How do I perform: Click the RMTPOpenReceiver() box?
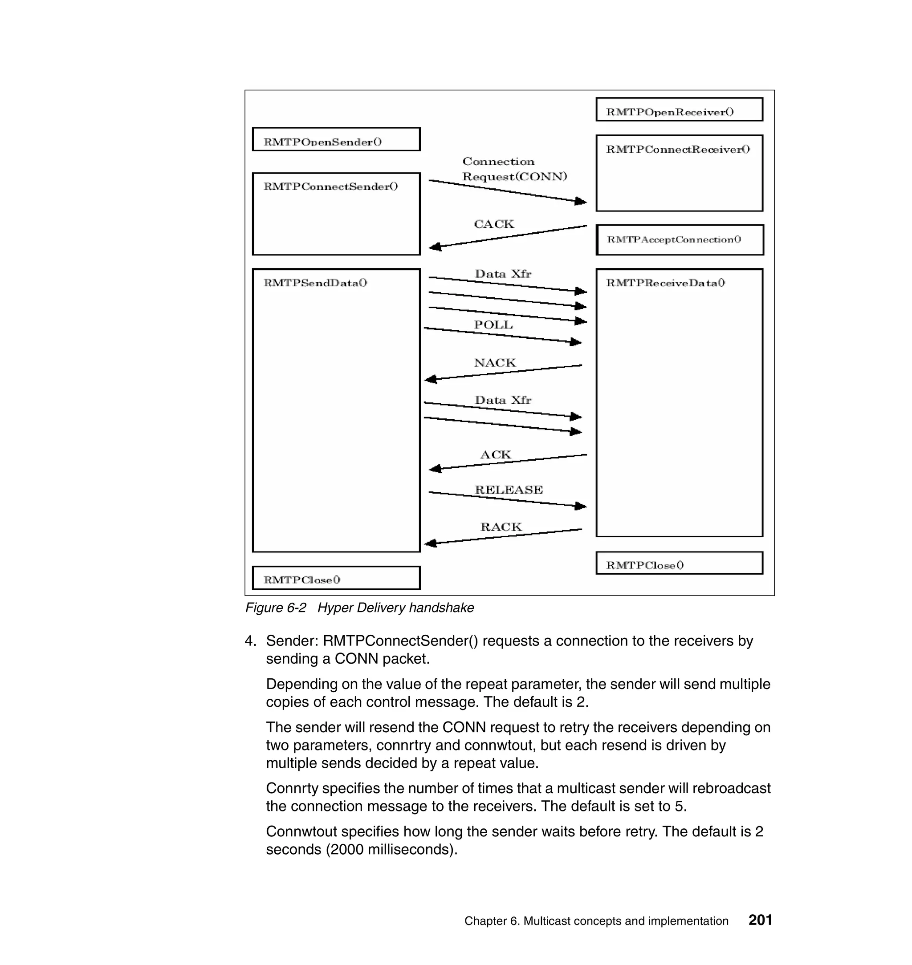tap(679, 109)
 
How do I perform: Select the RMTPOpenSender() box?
tap(336, 139)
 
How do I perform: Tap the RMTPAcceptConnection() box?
tap(680, 239)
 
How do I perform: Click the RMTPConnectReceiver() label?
tap(678, 150)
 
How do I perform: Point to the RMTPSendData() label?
tap(315, 283)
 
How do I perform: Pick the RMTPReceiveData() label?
tap(665, 283)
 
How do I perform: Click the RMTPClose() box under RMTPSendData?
tap(336, 578)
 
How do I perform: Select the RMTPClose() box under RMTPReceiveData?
tap(679, 563)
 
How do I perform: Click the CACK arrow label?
tap(493, 224)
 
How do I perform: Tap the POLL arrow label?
tap(493, 324)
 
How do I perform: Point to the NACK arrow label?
tap(494, 362)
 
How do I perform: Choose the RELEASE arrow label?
tap(509, 489)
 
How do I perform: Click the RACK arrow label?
tap(501, 527)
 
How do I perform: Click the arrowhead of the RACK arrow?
tap(431, 543)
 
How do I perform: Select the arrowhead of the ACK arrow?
tap(435, 468)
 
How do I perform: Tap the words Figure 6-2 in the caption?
tap(275, 608)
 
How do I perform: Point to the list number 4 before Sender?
tap(249, 641)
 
